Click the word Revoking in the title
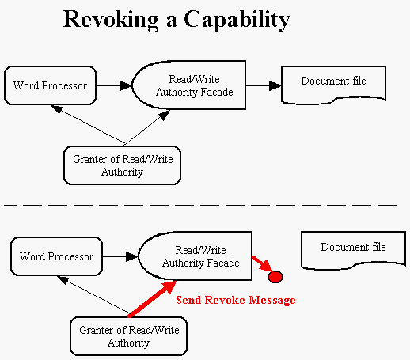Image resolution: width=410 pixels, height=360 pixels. [111, 20]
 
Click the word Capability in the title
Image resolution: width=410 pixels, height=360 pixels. [237, 21]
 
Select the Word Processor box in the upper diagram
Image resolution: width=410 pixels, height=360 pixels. [50, 85]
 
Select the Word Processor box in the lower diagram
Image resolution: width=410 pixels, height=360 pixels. [56, 256]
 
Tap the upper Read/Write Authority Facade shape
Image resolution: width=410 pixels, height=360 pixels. [189, 85]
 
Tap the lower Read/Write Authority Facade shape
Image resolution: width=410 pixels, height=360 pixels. [196, 256]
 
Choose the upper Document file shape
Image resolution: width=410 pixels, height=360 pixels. [333, 85]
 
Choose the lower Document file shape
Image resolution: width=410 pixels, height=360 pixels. [353, 250]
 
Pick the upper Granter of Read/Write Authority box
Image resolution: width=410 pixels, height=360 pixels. [122, 165]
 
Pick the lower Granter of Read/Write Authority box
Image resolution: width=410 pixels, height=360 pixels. [128, 336]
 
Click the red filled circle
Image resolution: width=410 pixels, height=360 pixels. [275, 277]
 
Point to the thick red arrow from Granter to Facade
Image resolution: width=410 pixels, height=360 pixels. [152, 298]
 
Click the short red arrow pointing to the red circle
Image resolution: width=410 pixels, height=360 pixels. [262, 263]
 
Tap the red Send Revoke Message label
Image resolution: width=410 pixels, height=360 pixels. [236, 300]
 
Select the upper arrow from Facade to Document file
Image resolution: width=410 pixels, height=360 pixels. [264, 85]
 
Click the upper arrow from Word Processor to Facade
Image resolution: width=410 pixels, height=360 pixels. [114, 85]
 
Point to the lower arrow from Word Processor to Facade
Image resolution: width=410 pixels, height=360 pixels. [120, 256]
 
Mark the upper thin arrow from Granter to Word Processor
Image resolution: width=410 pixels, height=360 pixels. [88, 124]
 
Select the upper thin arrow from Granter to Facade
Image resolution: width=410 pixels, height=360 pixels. [147, 127]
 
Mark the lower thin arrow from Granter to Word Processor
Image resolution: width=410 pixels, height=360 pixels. [94, 295]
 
